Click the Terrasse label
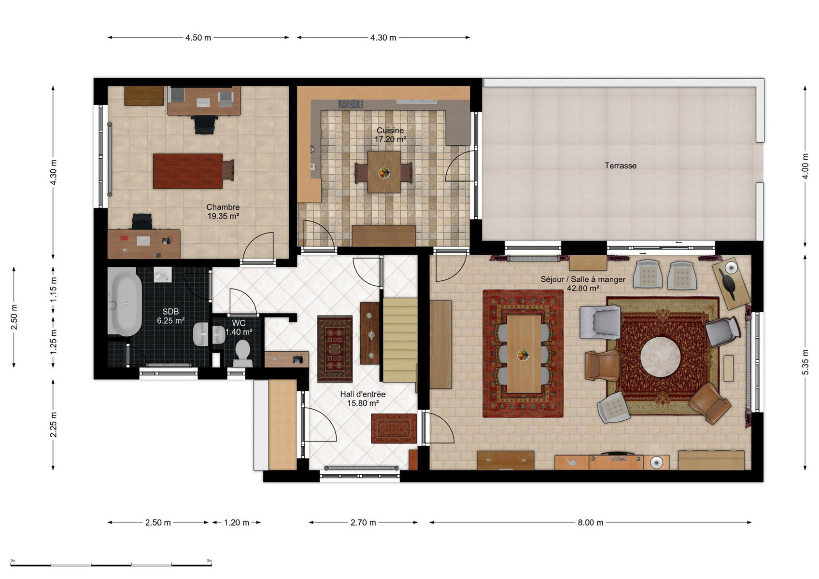coord(620,165)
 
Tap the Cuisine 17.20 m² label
coord(390,135)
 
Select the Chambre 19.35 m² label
coord(223,211)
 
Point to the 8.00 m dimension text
coord(590,523)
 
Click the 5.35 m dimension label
coord(805,362)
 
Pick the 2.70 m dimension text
coord(363,523)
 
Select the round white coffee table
coord(660,356)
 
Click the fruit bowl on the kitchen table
coord(384,172)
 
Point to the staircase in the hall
coord(400,340)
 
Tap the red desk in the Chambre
coord(187,171)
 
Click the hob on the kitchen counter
coord(350,104)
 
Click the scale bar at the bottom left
coord(111,565)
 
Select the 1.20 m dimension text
coord(237,523)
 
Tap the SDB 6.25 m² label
coord(171,316)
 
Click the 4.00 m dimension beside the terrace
coord(805,166)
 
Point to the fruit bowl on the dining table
coord(523,355)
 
